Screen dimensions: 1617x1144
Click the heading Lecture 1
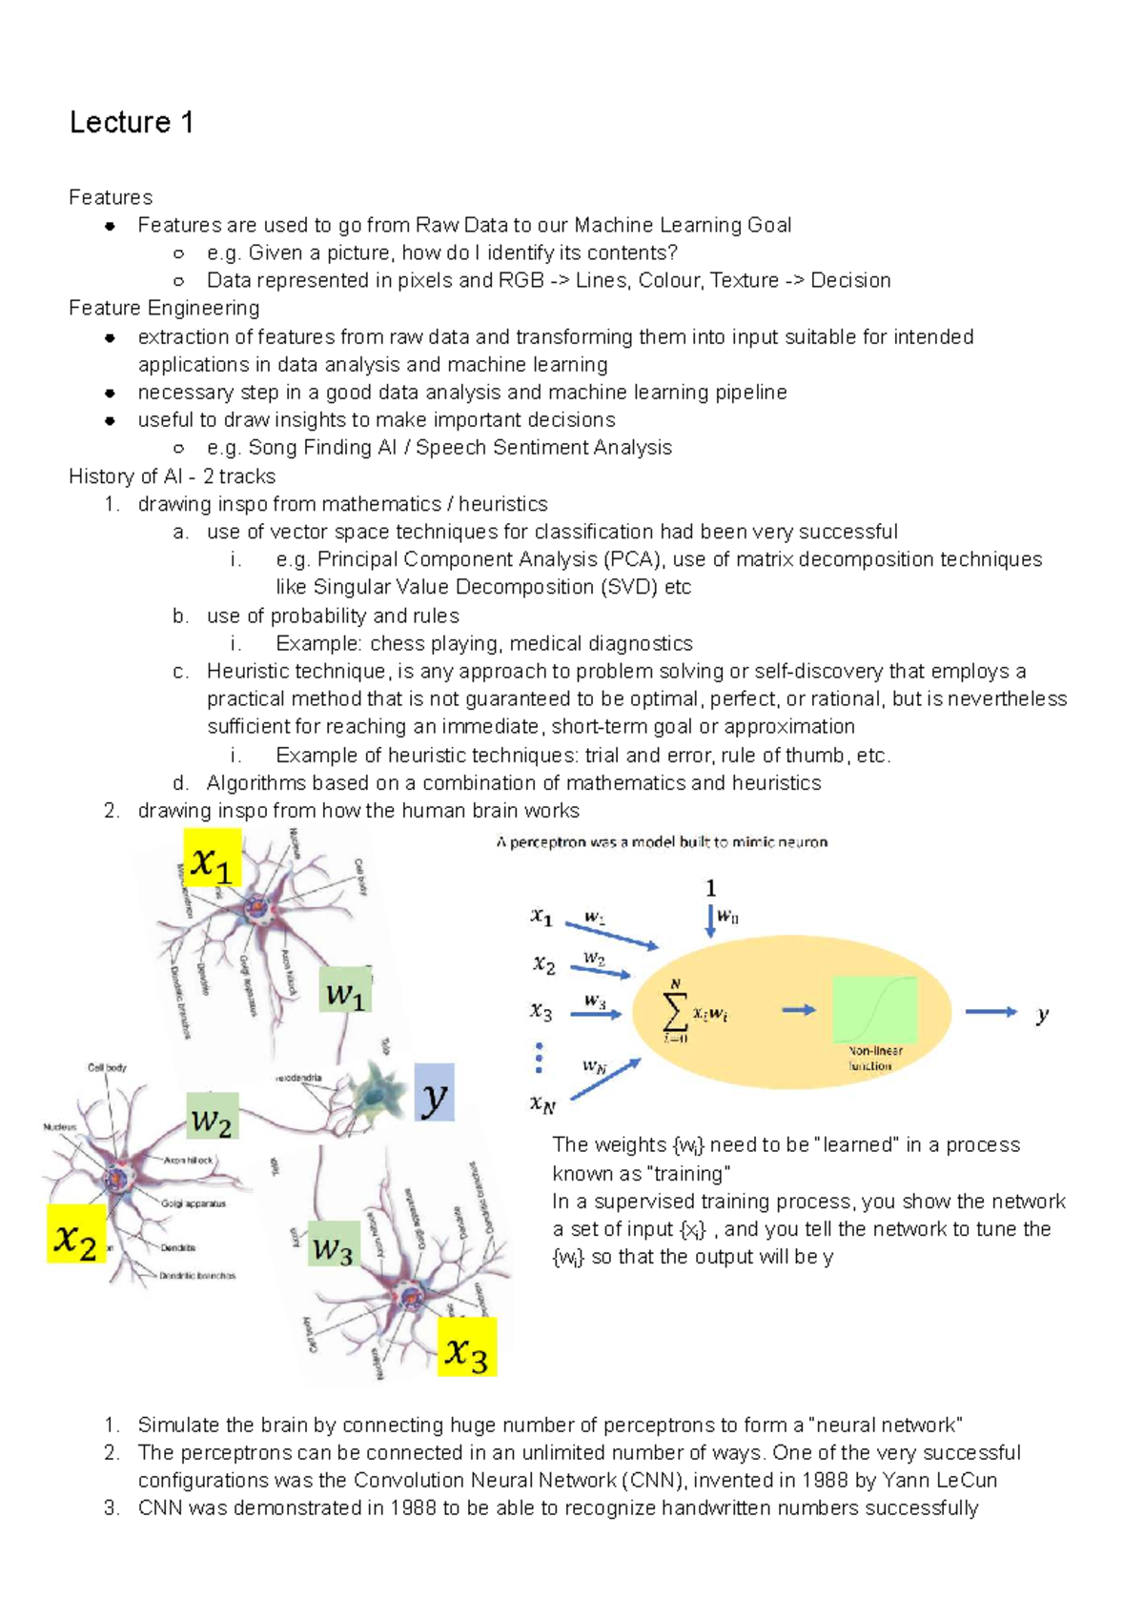point(132,123)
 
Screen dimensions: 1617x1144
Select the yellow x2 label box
point(76,1237)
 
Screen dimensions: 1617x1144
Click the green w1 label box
point(345,991)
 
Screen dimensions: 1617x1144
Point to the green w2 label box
point(212,1118)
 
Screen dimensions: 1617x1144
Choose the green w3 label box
point(334,1244)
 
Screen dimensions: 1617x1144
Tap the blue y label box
point(435,1093)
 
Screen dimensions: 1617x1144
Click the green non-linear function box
point(874,1010)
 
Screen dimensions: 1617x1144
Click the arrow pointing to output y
point(991,1012)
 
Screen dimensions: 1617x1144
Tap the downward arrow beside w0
point(710,920)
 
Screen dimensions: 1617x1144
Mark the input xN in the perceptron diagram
point(542,1104)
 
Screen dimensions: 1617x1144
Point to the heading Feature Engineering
point(164,309)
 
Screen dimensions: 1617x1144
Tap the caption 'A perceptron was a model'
point(662,842)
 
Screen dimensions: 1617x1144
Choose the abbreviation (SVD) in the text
point(629,587)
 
